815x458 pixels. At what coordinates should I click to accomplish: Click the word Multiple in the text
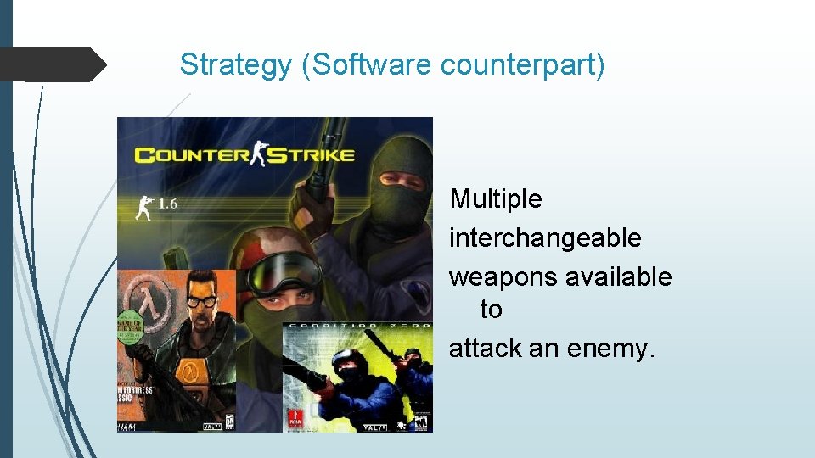coord(496,199)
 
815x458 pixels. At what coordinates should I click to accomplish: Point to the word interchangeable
coord(545,238)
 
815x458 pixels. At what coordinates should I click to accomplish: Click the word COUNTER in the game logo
coord(190,155)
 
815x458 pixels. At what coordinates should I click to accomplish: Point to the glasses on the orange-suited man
coord(200,300)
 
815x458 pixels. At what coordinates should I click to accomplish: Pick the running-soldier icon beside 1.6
coord(145,206)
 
